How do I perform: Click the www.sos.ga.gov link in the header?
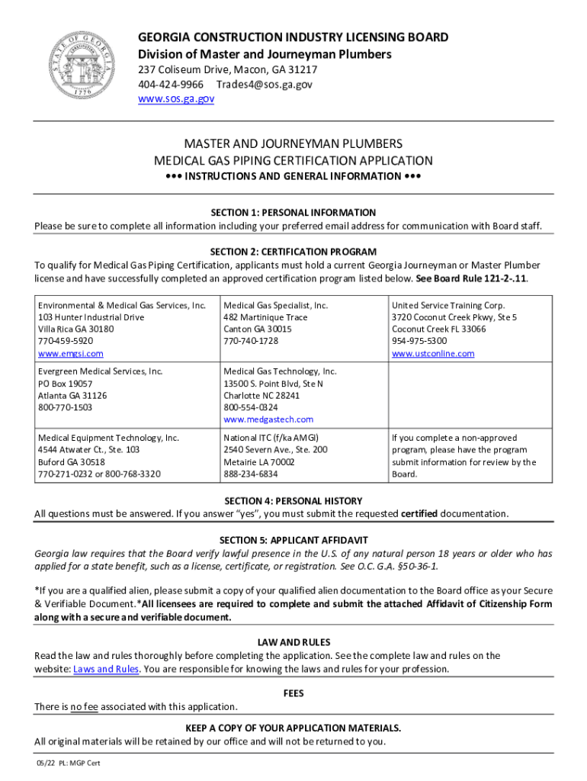(175, 99)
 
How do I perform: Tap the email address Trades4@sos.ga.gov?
(264, 84)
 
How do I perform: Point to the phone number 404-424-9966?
(170, 84)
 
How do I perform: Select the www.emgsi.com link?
(71, 354)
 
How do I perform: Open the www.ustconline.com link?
(432, 354)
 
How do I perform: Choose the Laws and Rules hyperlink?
(106, 669)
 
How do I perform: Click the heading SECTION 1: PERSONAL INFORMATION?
(293, 212)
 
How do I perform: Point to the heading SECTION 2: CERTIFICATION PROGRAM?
(293, 252)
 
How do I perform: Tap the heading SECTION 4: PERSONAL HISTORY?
(293, 500)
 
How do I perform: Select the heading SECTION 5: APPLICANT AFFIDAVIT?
(293, 540)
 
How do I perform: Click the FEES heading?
(293, 693)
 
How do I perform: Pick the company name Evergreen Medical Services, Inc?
(101, 371)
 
